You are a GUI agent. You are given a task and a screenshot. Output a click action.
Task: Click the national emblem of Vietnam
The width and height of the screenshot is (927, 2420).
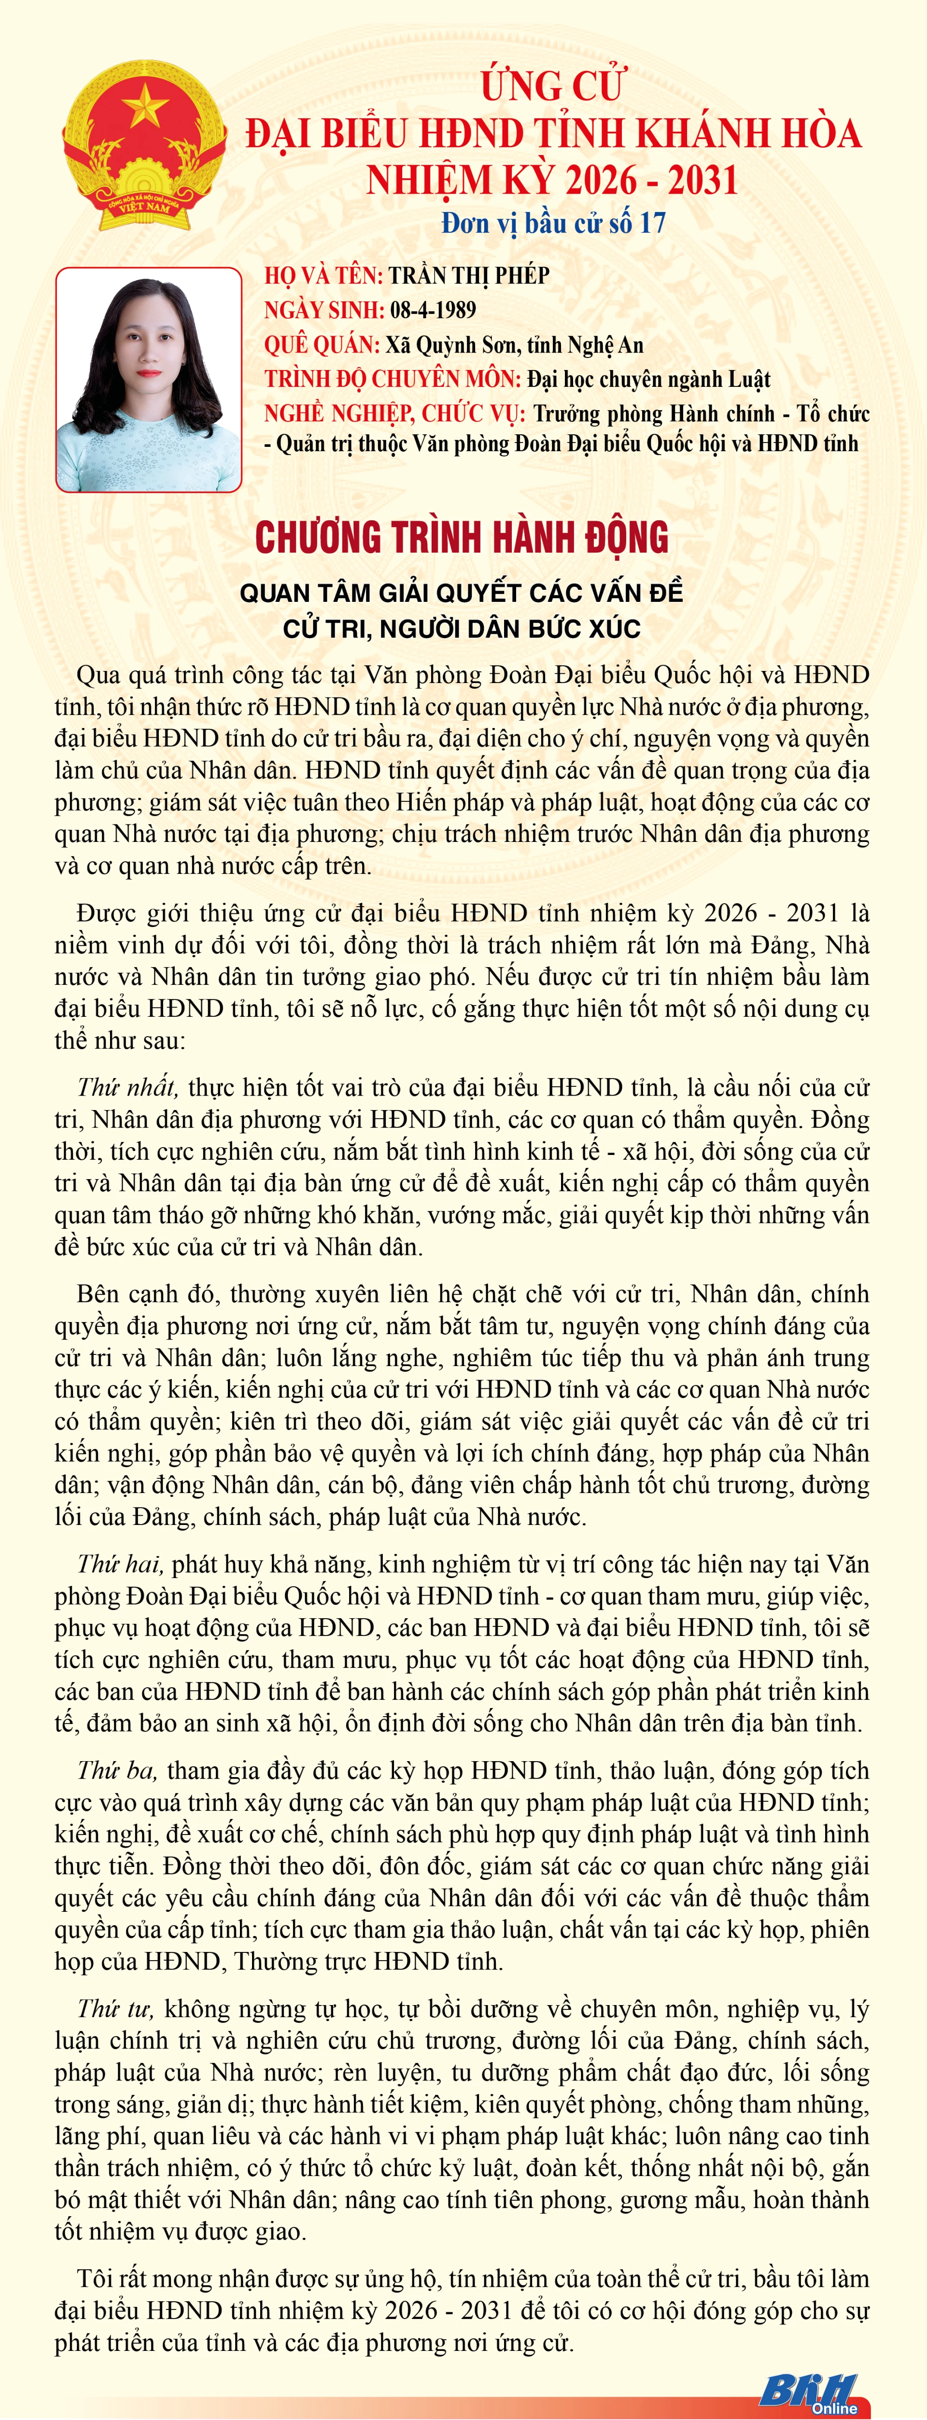145,145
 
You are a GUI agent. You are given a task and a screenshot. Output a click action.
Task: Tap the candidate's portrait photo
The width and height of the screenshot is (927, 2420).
148,380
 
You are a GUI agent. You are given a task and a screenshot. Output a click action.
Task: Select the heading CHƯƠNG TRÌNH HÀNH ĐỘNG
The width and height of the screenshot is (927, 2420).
462,537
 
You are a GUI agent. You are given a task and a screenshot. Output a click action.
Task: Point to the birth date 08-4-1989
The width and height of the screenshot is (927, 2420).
433,310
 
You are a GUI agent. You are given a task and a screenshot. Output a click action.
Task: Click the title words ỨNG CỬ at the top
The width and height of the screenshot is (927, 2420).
552,85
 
